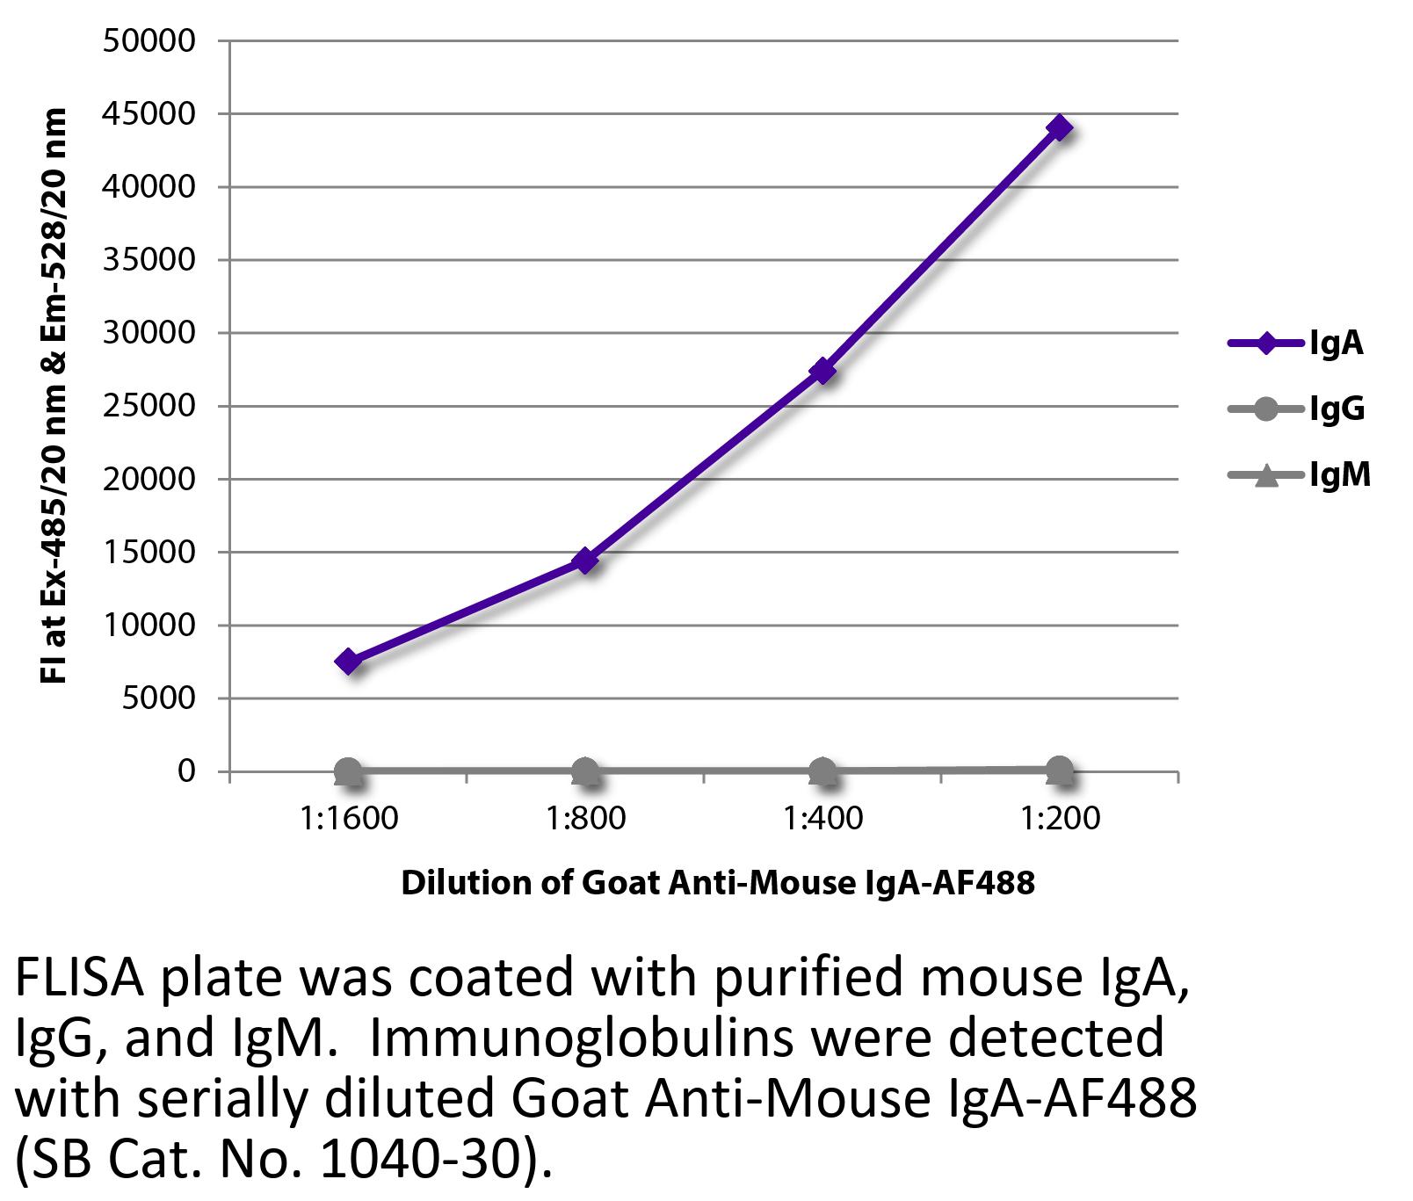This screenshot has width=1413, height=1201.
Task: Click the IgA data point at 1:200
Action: pos(1060,128)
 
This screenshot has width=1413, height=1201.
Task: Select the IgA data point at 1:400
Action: pos(822,371)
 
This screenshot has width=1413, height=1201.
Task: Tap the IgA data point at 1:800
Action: pos(585,560)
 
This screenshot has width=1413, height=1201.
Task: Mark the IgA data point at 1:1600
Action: pos(348,662)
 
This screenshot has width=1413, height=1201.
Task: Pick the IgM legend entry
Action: pos(1299,476)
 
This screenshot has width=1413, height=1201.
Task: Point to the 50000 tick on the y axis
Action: pos(149,41)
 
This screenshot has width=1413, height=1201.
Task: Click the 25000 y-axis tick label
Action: pos(149,406)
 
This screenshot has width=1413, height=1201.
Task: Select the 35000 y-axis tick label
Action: pos(149,260)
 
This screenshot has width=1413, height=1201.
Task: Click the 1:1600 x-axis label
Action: pos(348,819)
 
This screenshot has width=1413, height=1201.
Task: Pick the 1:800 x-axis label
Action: pos(585,819)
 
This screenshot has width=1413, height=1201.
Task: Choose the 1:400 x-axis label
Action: pos(822,819)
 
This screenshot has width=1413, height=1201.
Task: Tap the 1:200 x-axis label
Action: pos(1060,819)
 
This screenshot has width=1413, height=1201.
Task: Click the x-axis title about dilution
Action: pos(718,882)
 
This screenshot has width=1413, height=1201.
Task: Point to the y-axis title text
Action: pos(54,395)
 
